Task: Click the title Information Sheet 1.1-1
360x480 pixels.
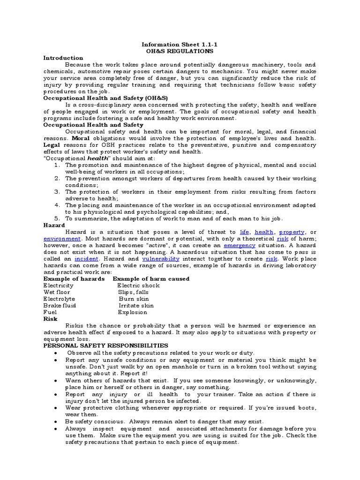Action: pyautogui.click(x=180, y=44)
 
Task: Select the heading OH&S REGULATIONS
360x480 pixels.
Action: pyautogui.click(x=180, y=51)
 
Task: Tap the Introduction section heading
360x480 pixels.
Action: pyautogui.click(x=63, y=58)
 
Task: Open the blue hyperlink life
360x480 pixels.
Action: pyautogui.click(x=244, y=232)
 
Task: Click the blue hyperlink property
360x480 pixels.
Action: pyautogui.click(x=292, y=232)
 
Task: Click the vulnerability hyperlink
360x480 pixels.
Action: pyautogui.click(x=160, y=258)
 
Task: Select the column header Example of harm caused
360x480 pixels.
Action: pyautogui.click(x=151, y=278)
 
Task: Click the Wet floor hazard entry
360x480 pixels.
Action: pyautogui.click(x=57, y=292)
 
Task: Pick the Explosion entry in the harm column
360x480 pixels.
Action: pyautogui.click(x=132, y=312)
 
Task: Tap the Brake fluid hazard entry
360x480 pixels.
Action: pyautogui.click(x=60, y=305)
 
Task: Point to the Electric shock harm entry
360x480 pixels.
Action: pyautogui.click(x=138, y=285)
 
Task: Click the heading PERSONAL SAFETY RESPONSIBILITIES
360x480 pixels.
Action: pyautogui.click(x=106, y=345)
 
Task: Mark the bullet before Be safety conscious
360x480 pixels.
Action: pyautogui.click(x=57, y=421)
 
